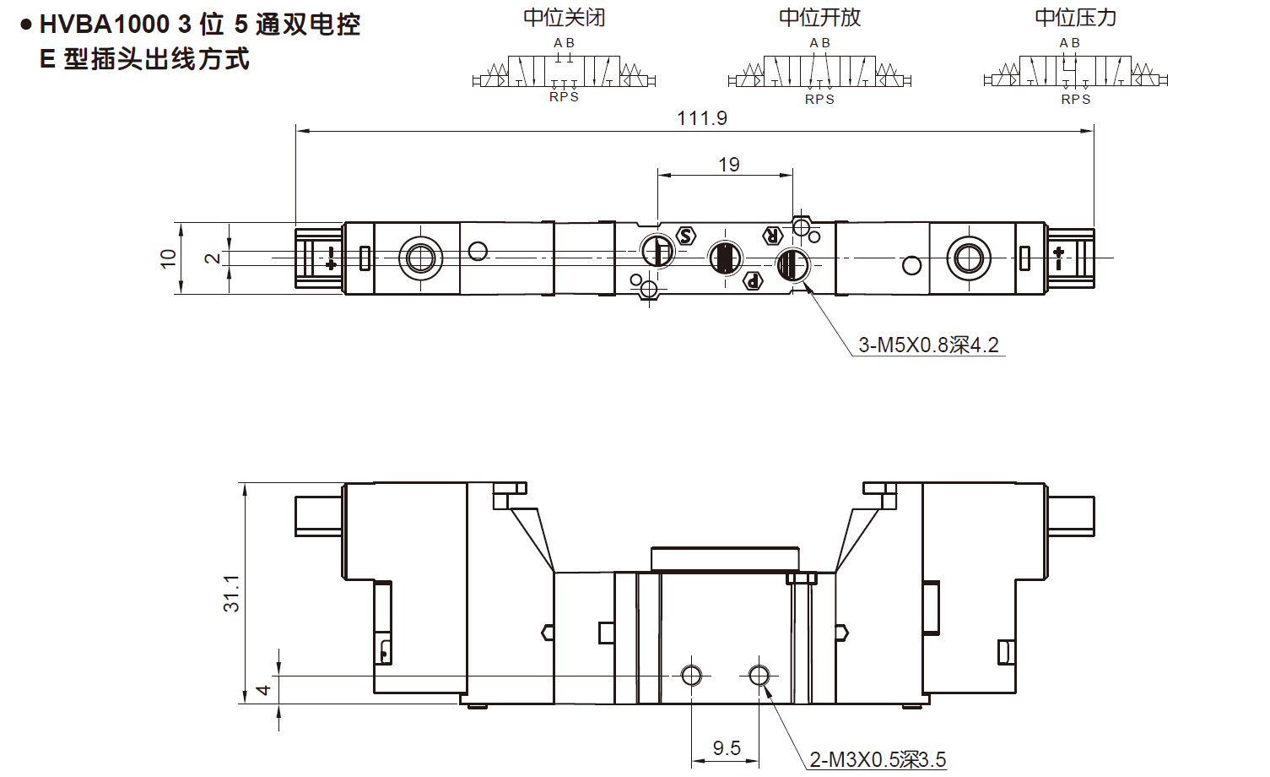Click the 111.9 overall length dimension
pyautogui.click(x=701, y=118)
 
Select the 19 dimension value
pyautogui.click(x=729, y=165)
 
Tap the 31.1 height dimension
pyautogui.click(x=231, y=593)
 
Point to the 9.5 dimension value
pyautogui.click(x=726, y=748)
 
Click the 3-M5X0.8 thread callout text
pyautogui.click(x=928, y=345)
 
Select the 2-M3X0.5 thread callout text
pyautogui.click(x=878, y=760)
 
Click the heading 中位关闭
pyautogui.click(x=564, y=18)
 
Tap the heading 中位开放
pyautogui.click(x=819, y=18)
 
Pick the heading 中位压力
pyautogui.click(x=1075, y=18)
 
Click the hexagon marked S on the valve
pyautogui.click(x=686, y=236)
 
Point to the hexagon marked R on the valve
pyautogui.click(x=771, y=236)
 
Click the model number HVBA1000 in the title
pyautogui.click(x=105, y=24)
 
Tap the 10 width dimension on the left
pyautogui.click(x=168, y=258)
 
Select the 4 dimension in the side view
pyautogui.click(x=263, y=690)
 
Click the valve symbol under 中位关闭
pyautogui.click(x=564, y=72)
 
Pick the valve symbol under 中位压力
pyautogui.click(x=1075, y=72)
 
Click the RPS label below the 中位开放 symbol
pyautogui.click(x=819, y=100)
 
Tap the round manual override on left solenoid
pyautogui.click(x=420, y=258)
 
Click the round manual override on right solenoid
pyautogui.click(x=968, y=258)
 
